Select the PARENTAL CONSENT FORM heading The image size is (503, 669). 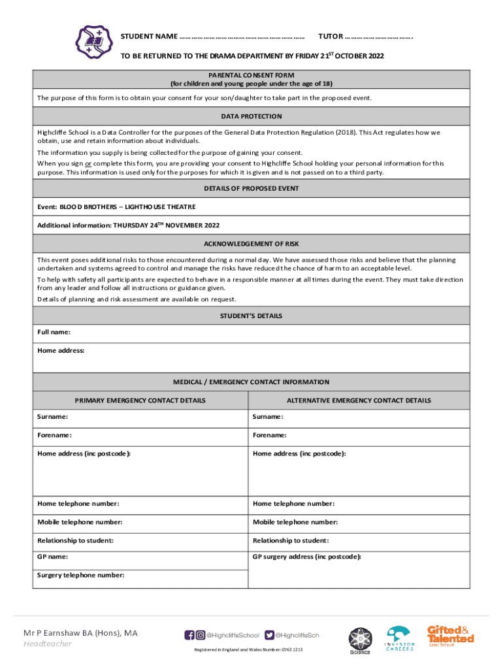tap(252, 75)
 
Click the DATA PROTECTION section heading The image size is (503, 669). tap(252, 116)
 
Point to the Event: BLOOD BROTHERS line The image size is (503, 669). tap(116, 206)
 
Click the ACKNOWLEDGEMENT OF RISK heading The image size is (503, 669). tap(252, 244)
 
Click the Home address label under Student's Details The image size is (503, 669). tap(61, 351)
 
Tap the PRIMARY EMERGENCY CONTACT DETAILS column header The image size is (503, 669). tap(140, 400)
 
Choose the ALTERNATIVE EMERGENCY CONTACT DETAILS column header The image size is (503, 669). tap(359, 400)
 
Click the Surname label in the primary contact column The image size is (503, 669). tap(52, 417)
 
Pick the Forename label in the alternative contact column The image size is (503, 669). tap(270, 435)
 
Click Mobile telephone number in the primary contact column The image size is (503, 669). tap(80, 522)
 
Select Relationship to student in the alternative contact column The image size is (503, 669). tap(291, 540)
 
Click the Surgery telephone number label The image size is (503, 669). tap(80, 576)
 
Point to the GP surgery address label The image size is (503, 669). tap(307, 557)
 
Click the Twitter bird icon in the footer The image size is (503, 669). tap(270, 635)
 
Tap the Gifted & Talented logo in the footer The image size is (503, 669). tap(450, 636)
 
